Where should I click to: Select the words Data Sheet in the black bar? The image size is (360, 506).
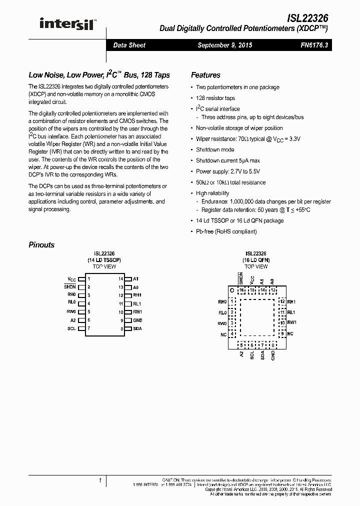click(129, 45)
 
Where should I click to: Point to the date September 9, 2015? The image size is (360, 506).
click(224, 45)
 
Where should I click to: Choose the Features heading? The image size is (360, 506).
click(205, 75)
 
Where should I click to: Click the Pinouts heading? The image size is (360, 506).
click(41, 245)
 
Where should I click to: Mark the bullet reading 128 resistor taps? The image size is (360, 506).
click(215, 98)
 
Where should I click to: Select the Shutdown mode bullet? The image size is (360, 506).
click(214, 149)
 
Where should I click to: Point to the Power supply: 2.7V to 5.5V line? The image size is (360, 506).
click(226, 171)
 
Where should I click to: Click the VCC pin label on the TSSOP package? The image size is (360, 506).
click(71, 278)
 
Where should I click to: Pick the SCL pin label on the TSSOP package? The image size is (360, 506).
click(71, 328)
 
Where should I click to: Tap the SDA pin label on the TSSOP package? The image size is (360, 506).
click(137, 328)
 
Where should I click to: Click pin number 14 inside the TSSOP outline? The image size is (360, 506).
click(120, 278)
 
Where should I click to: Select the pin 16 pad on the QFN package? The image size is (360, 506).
click(242, 290)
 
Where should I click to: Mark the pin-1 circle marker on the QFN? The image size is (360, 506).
click(231, 290)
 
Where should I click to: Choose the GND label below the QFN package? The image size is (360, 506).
click(273, 355)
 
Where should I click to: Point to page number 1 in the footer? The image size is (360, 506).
click(100, 480)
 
